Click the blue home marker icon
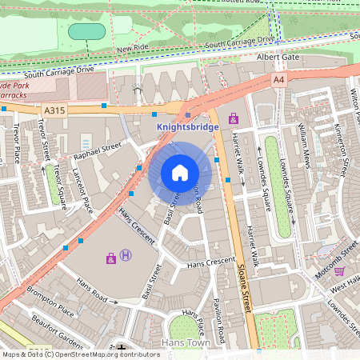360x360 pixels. [180, 173]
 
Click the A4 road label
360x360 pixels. [278, 80]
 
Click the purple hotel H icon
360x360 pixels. [126, 256]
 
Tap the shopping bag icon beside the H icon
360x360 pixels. [110, 258]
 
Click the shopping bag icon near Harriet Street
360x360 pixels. [234, 118]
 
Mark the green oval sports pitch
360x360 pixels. [86, 32]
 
